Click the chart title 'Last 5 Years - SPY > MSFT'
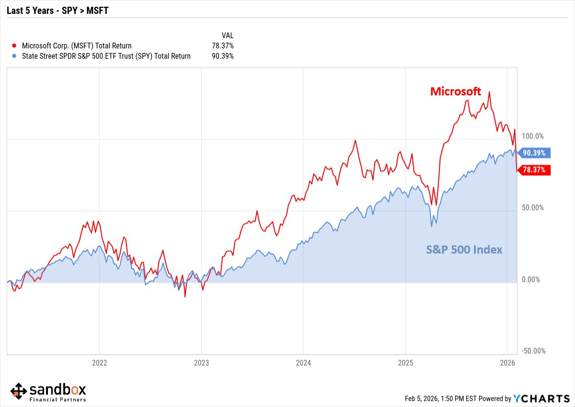pos(57,10)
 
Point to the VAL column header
pos(227,35)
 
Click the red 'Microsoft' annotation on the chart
pos(455,92)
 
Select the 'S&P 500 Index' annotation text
pos(464,250)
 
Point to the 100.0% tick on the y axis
pos(533,136)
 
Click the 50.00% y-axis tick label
pos(533,207)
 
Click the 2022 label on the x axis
pos(99,362)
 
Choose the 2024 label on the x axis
pos(303,362)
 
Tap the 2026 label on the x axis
pos(507,362)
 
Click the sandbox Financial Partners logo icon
pos(19,391)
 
